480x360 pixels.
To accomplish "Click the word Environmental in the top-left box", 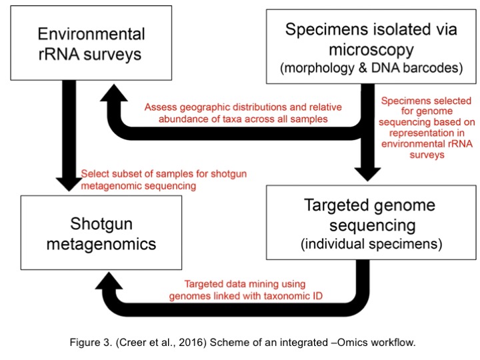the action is pyautogui.click(x=91, y=34).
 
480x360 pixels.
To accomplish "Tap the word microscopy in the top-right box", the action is pyautogui.click(x=371, y=50).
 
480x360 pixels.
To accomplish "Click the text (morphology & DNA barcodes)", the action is pyautogui.click(x=371, y=68).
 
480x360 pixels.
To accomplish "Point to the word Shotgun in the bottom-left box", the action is pyautogui.click(x=101, y=225).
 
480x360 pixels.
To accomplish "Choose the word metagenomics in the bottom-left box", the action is pyautogui.click(x=101, y=244).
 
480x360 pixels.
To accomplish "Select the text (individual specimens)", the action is pyautogui.click(x=371, y=244).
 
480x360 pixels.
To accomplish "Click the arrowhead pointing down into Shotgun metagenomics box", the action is pyautogui.click(x=69, y=184).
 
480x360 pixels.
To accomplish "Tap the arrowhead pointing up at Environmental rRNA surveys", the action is pyautogui.click(x=114, y=93).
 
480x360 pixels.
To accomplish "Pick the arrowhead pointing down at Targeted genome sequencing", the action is pyautogui.click(x=367, y=175).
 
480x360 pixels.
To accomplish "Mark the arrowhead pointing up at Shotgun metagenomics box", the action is pyautogui.click(x=109, y=281).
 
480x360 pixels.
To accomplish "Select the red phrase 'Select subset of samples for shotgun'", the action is pyautogui.click(x=164, y=174).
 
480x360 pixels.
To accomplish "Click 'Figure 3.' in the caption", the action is pyautogui.click(x=91, y=342).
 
